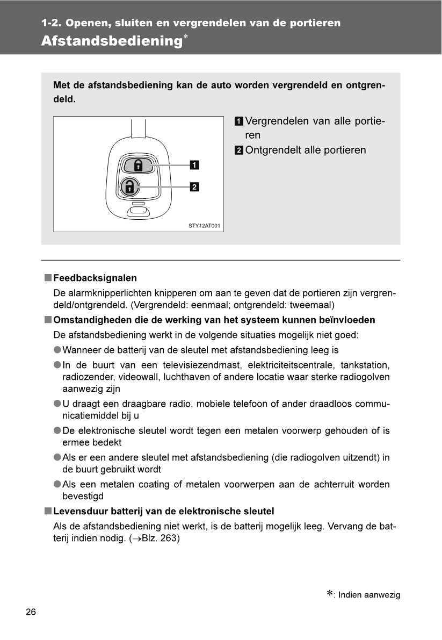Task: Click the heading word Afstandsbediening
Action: [111, 41]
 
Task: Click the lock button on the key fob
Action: [137, 164]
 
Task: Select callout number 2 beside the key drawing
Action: [194, 187]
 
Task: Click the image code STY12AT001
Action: [204, 226]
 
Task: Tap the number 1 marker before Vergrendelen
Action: [238, 121]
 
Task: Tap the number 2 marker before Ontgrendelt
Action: [238, 150]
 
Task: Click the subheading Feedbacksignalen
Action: [95, 278]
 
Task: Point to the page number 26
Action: [31, 612]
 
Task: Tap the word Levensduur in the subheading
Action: [78, 511]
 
